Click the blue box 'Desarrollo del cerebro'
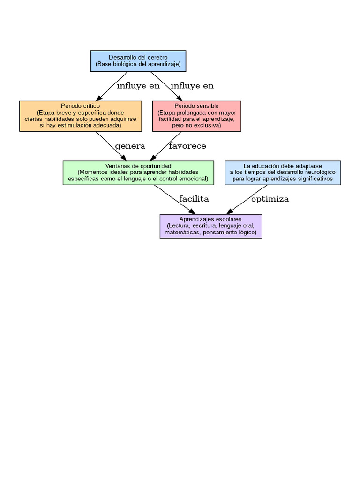coord(138,60)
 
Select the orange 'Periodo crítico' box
coord(80,116)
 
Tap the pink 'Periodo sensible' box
coord(196,116)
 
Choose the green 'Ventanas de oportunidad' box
coord(138,172)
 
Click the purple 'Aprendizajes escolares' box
coord(210,226)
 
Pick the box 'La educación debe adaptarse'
coord(283,172)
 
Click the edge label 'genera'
coord(130,146)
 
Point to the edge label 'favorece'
coord(187,146)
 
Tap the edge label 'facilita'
coord(194,199)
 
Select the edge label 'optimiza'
coord(270,199)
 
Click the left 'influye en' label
coord(138,86)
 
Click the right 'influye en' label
coord(192,86)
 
